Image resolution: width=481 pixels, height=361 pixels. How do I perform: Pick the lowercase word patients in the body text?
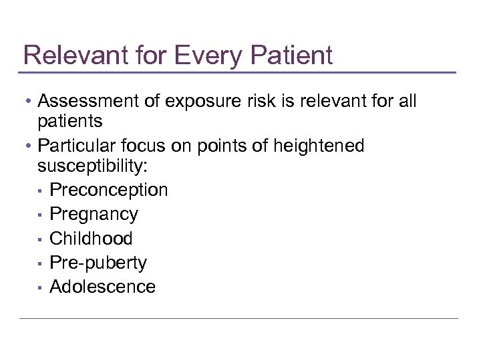[x=70, y=121]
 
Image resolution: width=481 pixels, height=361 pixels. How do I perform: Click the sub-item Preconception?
[x=109, y=190]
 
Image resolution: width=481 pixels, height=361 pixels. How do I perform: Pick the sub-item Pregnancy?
[x=94, y=214]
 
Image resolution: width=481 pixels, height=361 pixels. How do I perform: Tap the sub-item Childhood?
[x=92, y=238]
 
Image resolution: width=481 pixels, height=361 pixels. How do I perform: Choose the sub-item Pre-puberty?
[x=98, y=263]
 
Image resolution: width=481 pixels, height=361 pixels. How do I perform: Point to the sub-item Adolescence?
[x=103, y=287]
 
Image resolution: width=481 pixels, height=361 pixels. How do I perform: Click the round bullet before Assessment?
[x=29, y=102]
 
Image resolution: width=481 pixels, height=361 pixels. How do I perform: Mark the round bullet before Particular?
[x=29, y=146]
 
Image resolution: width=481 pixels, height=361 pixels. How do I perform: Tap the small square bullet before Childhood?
[x=41, y=239]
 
